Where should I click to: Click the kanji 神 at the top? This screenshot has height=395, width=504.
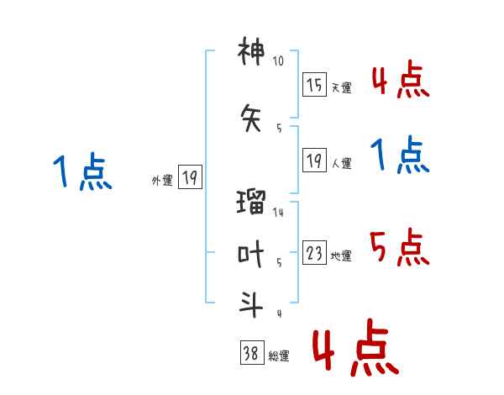251,51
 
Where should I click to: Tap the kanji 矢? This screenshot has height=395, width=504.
251,118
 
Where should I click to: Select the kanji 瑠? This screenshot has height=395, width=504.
251,202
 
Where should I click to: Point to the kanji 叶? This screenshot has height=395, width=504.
251,254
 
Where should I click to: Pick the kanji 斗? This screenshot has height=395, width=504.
251,304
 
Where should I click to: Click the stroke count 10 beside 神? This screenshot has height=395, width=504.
278,61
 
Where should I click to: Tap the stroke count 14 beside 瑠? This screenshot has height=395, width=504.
278,212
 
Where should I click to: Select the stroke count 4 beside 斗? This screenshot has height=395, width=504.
280,313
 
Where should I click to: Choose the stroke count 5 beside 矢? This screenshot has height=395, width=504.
279,129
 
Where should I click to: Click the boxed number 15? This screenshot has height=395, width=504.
314,85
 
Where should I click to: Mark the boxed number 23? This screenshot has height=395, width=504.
314,252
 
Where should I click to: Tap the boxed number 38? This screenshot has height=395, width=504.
252,352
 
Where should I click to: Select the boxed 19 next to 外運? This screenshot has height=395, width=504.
190,177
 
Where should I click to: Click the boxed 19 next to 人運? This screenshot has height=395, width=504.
314,161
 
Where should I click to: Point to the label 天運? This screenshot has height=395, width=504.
342,87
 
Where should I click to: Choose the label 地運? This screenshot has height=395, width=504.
341,255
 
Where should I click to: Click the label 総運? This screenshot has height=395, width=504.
279,356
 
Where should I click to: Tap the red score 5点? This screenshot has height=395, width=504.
400,247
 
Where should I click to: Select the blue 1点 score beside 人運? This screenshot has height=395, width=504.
400,155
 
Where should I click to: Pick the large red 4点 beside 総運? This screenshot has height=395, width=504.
356,347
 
